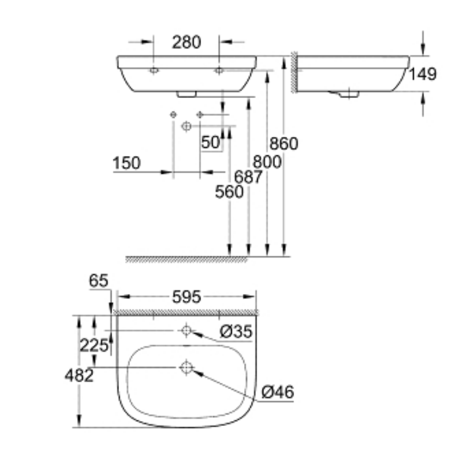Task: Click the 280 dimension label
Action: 186,43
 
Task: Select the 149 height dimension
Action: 424,74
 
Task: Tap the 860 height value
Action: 284,144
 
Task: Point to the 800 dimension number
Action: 268,162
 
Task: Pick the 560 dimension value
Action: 229,192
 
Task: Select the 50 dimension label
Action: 210,142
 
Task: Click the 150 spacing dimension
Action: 126,163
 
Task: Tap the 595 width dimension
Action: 186,297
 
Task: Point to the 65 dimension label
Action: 98,281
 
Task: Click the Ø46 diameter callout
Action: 277,391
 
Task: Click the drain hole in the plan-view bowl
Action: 187,368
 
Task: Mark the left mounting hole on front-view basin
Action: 154,71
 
